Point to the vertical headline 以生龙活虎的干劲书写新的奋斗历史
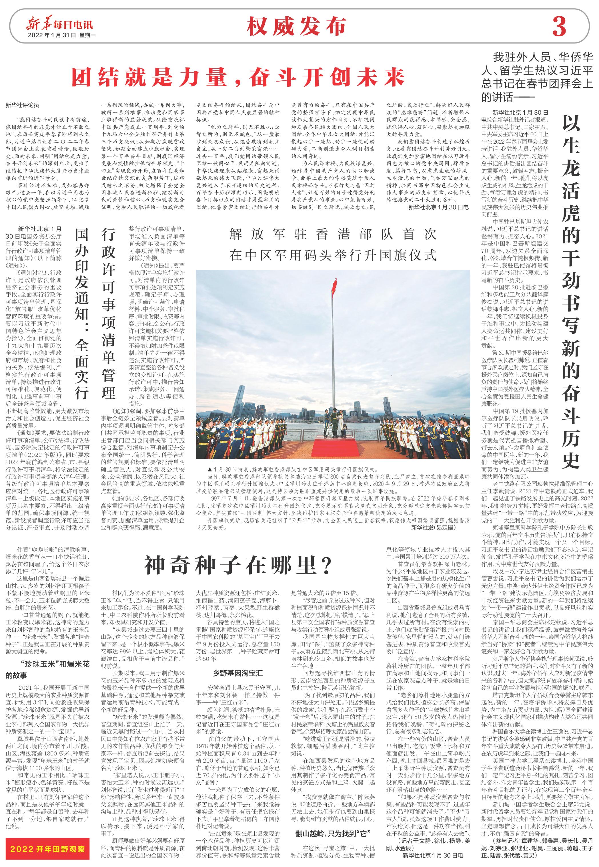[570, 293]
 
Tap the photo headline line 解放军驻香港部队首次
[333, 234]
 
